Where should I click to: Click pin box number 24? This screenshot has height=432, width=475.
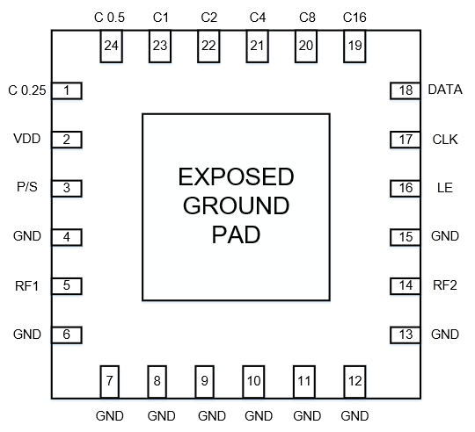click(x=111, y=47)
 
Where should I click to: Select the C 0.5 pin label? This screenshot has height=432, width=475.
click(x=109, y=18)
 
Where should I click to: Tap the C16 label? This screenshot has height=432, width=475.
click(x=354, y=18)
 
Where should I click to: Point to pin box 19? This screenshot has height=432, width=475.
click(x=354, y=47)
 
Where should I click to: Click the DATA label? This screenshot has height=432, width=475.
click(x=445, y=90)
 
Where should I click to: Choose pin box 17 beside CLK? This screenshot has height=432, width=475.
click(x=406, y=140)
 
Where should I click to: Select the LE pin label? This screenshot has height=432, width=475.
click(x=445, y=188)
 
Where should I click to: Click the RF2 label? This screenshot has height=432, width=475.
click(x=445, y=285)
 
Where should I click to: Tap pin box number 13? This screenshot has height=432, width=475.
click(x=406, y=335)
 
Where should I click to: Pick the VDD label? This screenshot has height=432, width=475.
click(x=27, y=139)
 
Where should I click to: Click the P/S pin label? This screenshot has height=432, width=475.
click(x=27, y=187)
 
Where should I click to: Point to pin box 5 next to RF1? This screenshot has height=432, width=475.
click(x=67, y=286)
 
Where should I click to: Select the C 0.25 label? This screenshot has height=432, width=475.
click(x=27, y=90)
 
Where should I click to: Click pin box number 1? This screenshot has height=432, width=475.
click(x=67, y=90)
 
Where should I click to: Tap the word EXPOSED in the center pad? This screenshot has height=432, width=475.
click(x=236, y=177)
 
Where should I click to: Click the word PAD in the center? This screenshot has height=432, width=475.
click(x=236, y=234)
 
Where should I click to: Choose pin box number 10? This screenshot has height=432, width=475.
click(x=253, y=382)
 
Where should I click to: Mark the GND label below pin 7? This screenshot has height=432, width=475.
click(x=109, y=416)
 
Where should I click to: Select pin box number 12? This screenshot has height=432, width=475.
click(x=354, y=382)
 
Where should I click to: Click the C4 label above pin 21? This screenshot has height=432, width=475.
click(x=258, y=18)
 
